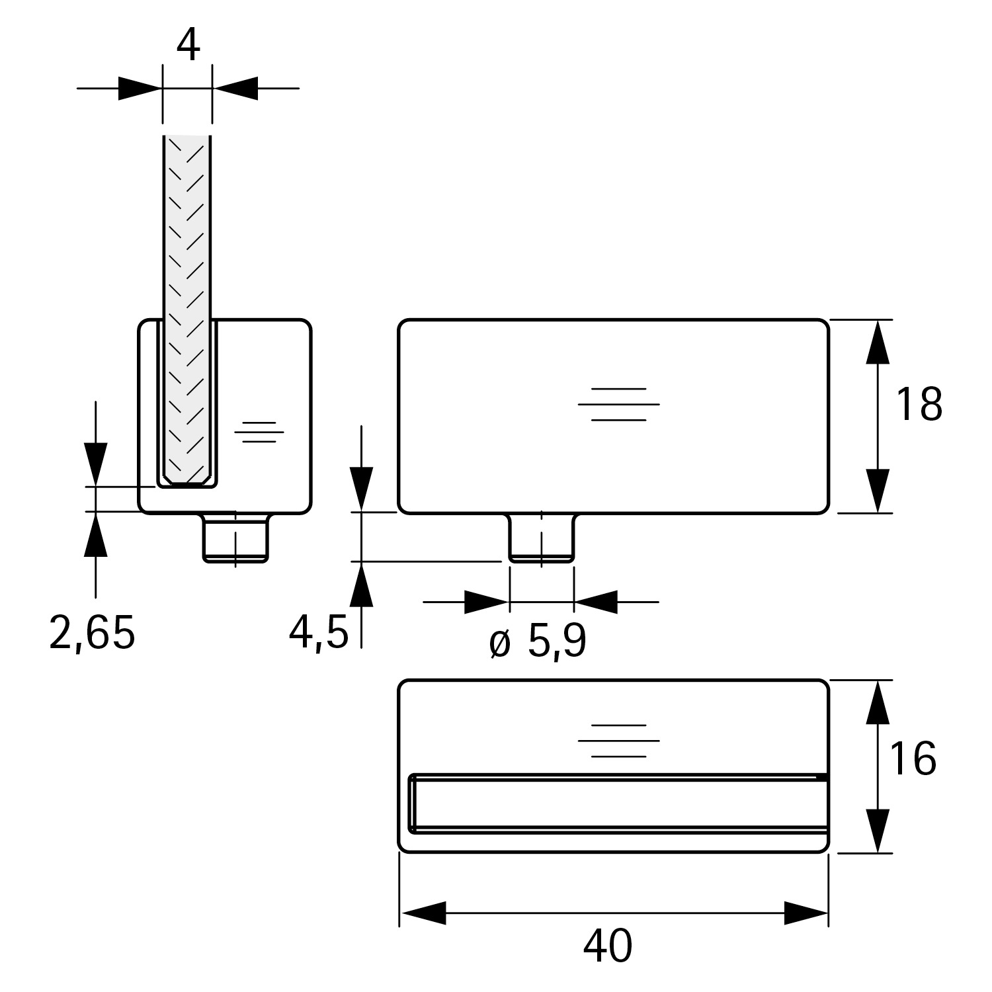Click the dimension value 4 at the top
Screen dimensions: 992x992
pos(188,46)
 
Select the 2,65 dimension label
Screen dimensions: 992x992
pos(93,633)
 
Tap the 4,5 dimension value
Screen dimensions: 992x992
pos(318,633)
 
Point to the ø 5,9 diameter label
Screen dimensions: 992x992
pos(538,641)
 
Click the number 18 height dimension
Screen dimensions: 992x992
pos(919,405)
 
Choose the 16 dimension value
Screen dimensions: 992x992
pos(913,759)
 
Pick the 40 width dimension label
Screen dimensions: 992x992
pos(608,946)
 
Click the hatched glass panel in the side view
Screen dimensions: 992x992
pos(188,298)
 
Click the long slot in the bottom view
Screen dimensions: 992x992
pos(618,802)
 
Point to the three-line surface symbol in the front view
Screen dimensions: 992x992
pos(618,404)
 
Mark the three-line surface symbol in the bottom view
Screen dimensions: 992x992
pos(618,741)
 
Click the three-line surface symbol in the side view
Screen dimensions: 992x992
pos(259,432)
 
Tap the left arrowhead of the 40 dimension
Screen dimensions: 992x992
pos(423,913)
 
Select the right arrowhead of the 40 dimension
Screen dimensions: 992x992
pos(806,913)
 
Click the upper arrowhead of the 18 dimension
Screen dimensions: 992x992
pos(878,342)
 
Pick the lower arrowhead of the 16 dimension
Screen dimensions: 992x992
pos(878,831)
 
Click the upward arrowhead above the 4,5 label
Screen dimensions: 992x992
pos(361,585)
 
